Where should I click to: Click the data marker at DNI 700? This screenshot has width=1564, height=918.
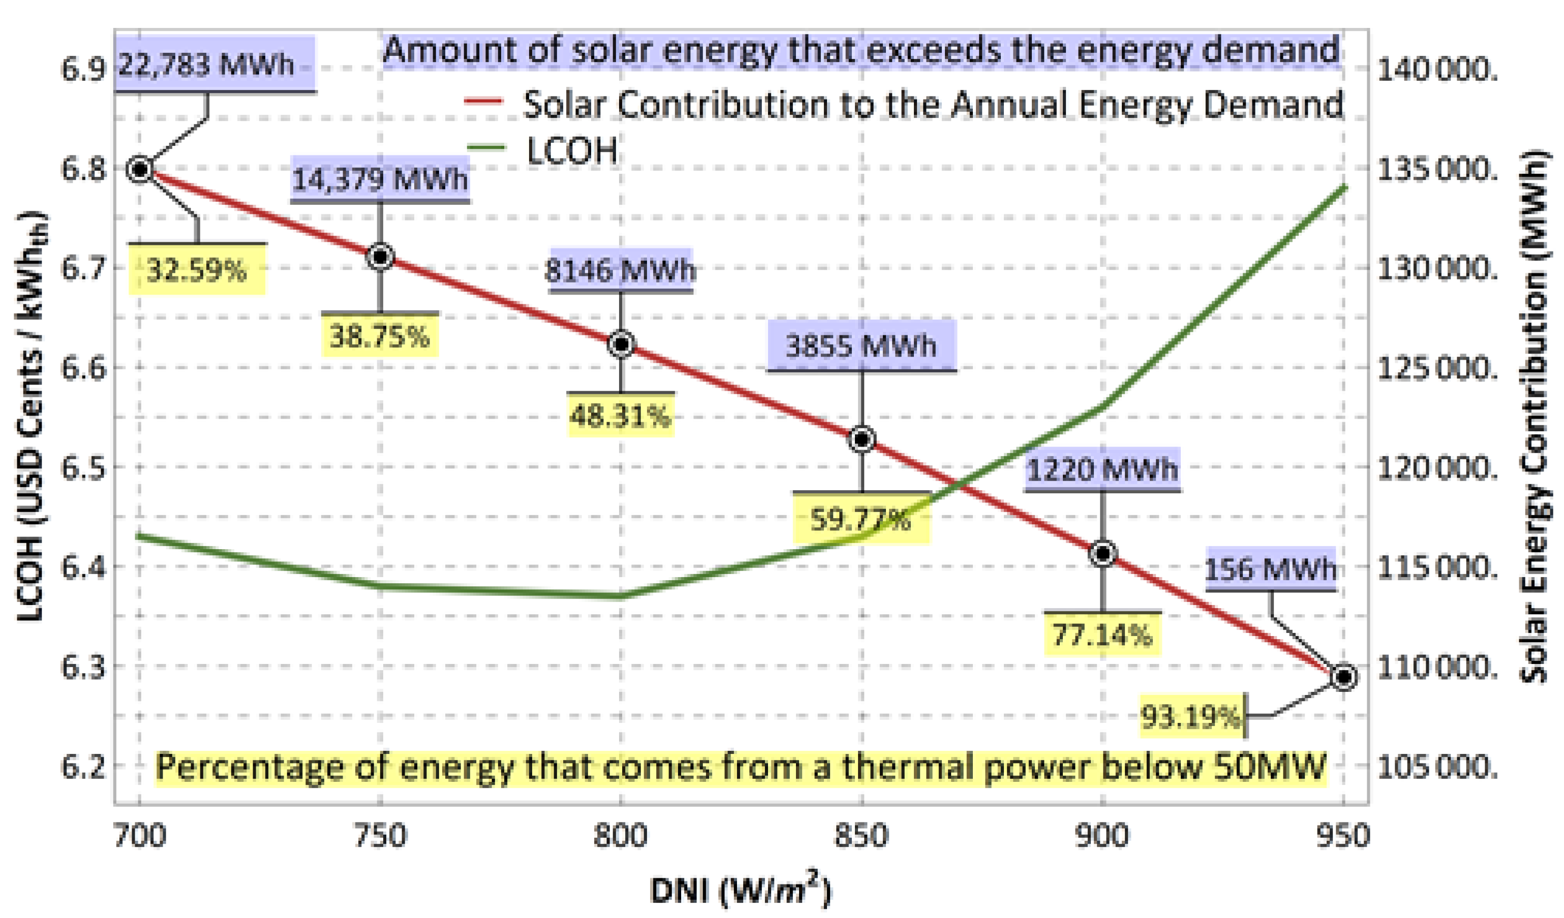(140, 169)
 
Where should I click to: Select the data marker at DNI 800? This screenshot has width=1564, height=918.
(621, 343)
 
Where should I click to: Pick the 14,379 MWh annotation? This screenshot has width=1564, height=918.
(380, 179)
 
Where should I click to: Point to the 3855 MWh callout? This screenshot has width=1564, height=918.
(862, 345)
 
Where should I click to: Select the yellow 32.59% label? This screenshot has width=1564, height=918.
(197, 270)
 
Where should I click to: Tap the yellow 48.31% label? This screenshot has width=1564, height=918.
(621, 416)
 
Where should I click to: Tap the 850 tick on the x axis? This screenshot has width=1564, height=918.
(862, 836)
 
